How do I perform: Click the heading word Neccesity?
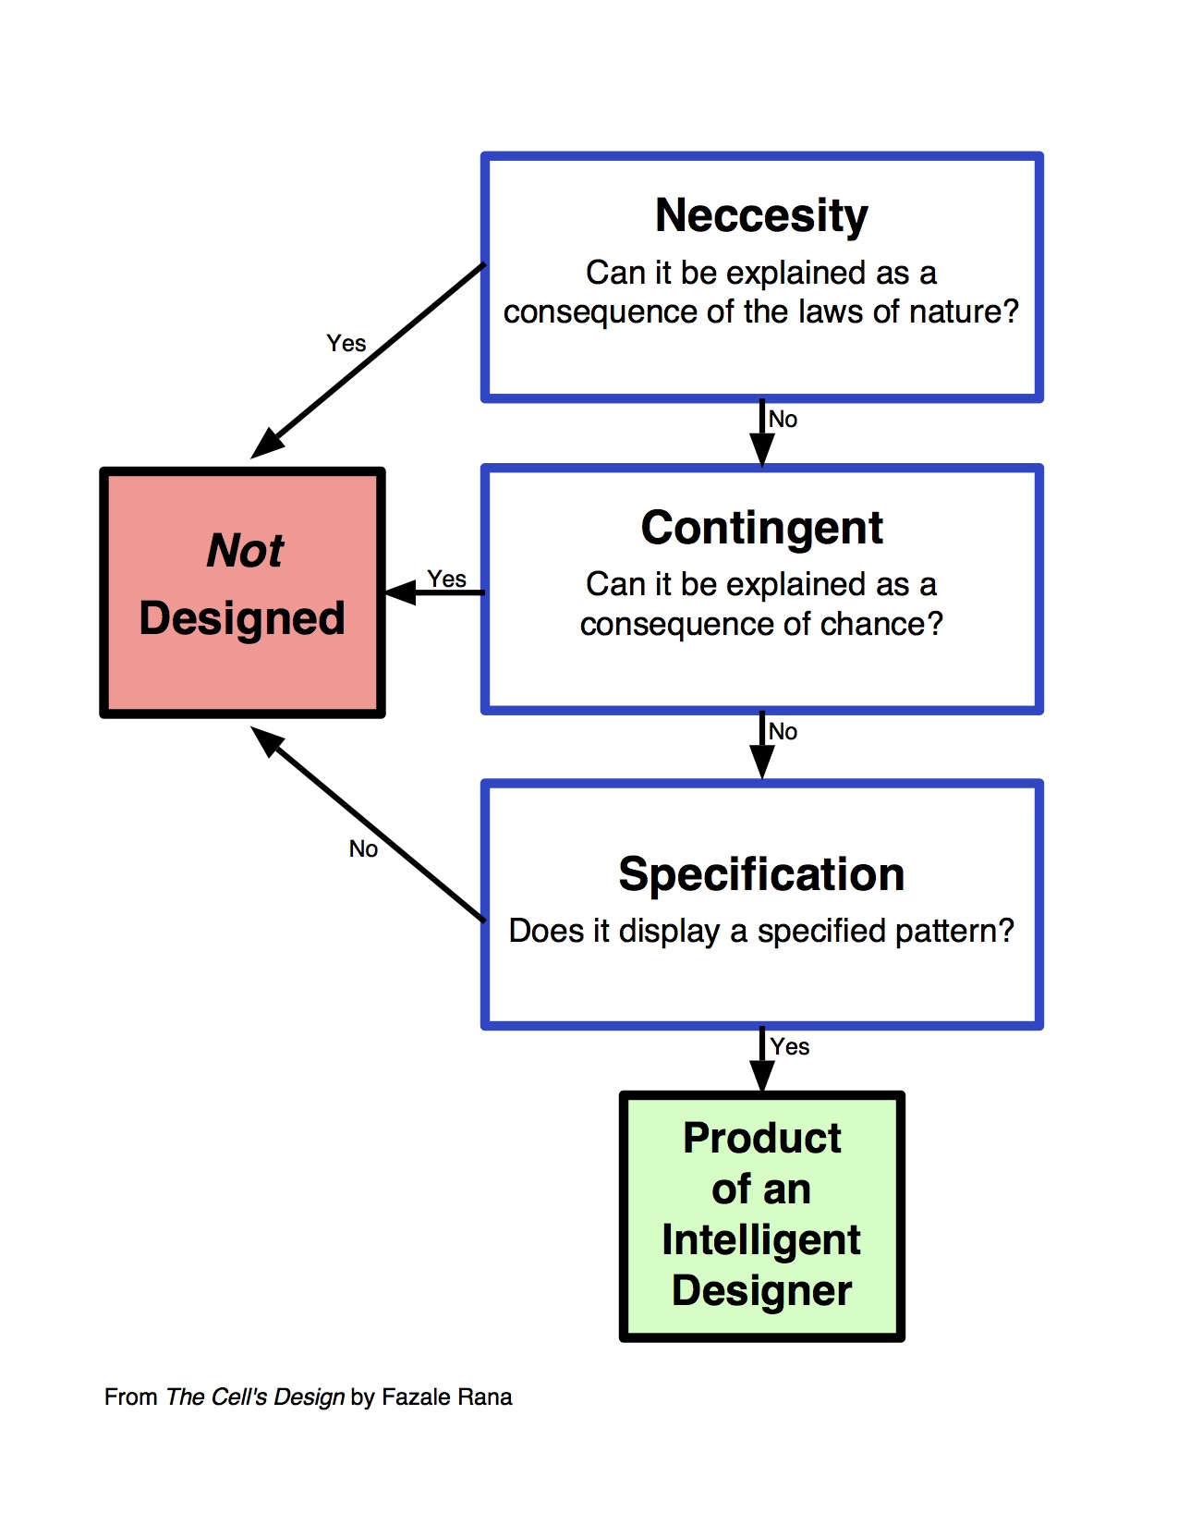coord(761,216)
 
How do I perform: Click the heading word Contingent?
coord(761,529)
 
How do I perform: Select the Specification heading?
coord(761,874)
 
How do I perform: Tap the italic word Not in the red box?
coord(245,551)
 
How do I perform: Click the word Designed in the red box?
coord(242,618)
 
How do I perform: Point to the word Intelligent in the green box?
coord(761,1240)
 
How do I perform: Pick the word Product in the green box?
coord(761,1139)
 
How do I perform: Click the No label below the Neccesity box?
coord(783,420)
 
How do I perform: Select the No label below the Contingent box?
coord(783,732)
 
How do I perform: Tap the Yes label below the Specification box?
coord(790,1047)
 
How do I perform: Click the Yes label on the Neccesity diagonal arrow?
coord(346,344)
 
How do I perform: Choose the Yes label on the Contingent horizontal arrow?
coord(447,579)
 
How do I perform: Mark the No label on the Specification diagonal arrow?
coord(363,849)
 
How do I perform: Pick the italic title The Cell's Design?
coord(255,1397)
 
